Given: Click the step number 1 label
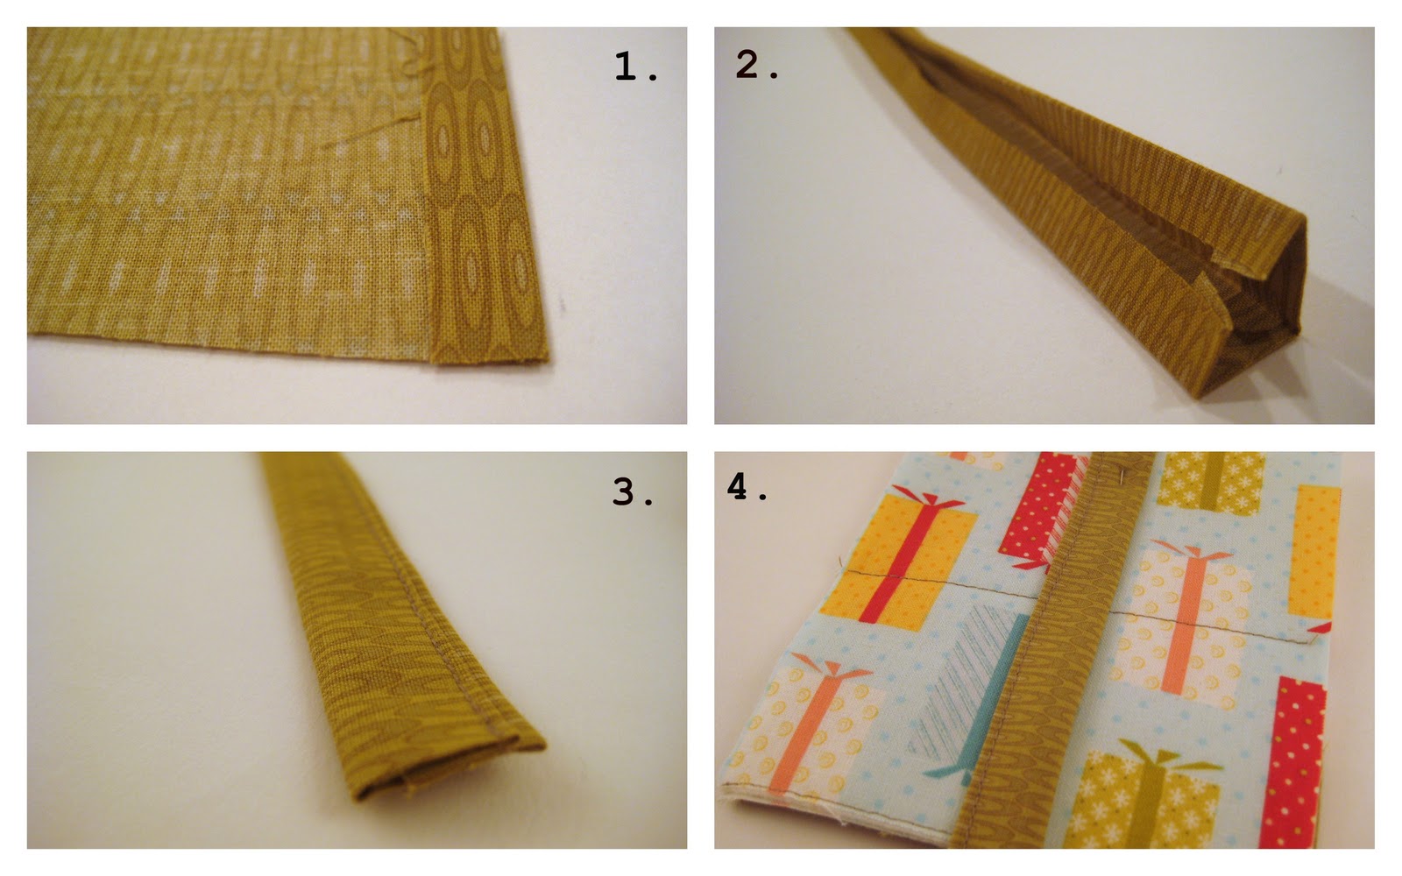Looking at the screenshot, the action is tap(636, 67).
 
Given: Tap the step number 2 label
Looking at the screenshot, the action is tap(757, 65).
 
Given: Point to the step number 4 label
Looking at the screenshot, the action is tap(747, 487).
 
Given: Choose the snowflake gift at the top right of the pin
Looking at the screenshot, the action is tap(1210, 482).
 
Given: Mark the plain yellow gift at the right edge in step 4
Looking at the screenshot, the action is tap(1314, 551).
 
